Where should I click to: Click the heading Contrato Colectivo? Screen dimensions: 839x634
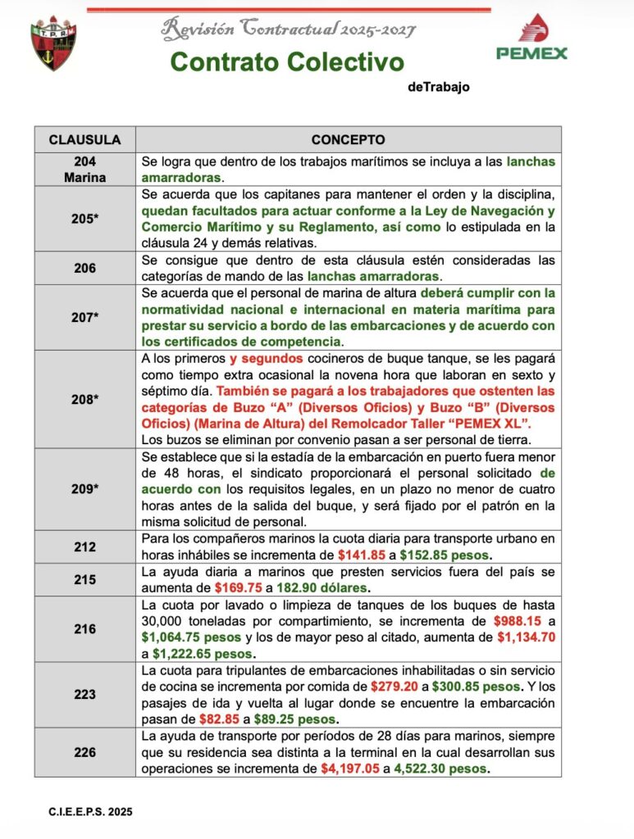287,62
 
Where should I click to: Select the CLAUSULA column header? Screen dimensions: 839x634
84,139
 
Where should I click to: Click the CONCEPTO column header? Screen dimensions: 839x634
348,139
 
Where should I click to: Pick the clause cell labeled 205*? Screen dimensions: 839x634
84,219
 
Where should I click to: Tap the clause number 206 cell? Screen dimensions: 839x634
84,268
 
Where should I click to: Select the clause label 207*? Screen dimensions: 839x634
84,317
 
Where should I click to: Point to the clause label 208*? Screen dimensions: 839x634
84,399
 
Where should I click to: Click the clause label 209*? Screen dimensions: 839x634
84,488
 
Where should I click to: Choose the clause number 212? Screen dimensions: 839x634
84,546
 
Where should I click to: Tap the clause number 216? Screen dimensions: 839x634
84,628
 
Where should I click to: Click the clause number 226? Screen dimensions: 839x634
84,752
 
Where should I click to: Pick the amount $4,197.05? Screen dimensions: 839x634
350,769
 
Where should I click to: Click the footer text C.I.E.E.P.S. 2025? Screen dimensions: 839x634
90,811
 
